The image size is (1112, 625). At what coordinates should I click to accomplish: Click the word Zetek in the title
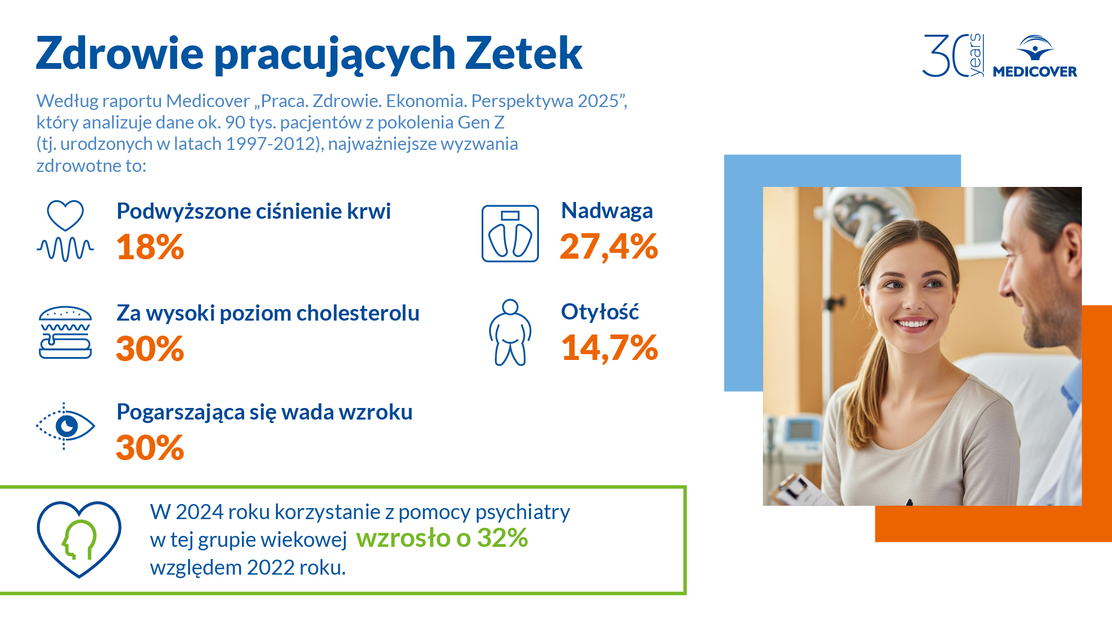click(523, 53)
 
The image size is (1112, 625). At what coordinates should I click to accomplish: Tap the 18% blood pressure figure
click(150, 247)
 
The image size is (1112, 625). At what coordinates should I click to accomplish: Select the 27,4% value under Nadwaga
click(609, 247)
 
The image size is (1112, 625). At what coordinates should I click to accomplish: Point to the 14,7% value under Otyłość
click(610, 348)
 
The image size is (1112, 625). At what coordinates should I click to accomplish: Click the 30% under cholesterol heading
click(150, 349)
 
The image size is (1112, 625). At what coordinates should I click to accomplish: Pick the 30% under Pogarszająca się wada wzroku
click(150, 448)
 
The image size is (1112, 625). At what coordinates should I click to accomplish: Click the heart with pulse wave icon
click(65, 231)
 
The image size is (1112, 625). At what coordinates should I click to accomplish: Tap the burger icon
click(65, 332)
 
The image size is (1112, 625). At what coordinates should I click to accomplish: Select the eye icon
click(65, 426)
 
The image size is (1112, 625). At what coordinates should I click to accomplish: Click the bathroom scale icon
click(510, 233)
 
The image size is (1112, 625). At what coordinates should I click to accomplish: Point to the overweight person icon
click(510, 332)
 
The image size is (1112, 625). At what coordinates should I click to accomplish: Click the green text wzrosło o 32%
click(442, 538)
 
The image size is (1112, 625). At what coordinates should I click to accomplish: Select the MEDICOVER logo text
click(1035, 72)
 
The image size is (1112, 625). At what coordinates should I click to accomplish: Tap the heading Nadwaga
click(607, 211)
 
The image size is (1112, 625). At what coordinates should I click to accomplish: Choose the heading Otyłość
click(600, 311)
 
